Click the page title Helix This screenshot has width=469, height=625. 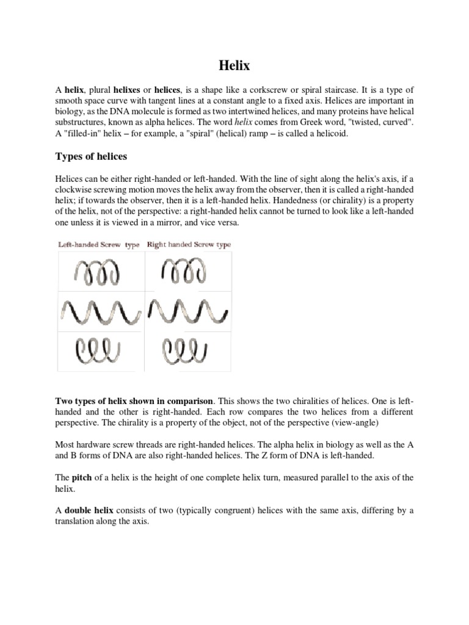point(234,64)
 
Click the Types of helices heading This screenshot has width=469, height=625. point(91,157)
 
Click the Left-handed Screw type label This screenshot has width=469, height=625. point(99,245)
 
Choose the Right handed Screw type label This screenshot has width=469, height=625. point(189,245)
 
